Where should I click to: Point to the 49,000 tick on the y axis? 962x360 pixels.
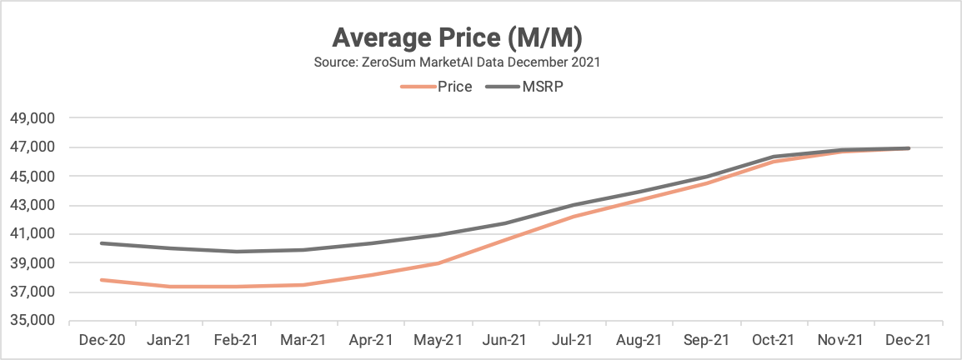pyautogui.click(x=32, y=119)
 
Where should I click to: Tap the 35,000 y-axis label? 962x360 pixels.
pyautogui.click(x=32, y=321)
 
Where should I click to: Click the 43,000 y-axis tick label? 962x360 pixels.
pyautogui.click(x=32, y=206)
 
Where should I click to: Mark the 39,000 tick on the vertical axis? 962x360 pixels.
pyautogui.click(x=32, y=263)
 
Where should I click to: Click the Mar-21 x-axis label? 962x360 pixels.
pyautogui.click(x=303, y=340)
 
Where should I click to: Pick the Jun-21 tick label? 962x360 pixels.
pyautogui.click(x=505, y=340)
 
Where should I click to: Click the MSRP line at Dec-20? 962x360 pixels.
pyautogui.click(x=101, y=243)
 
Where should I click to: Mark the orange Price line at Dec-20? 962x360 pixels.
pyautogui.click(x=101, y=280)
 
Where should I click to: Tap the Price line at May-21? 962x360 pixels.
pyautogui.click(x=438, y=263)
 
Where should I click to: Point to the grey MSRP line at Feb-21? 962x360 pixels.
pyautogui.click(x=236, y=252)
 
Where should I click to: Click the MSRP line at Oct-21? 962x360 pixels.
pyautogui.click(x=774, y=157)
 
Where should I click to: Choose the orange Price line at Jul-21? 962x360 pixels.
pyautogui.click(x=573, y=217)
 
